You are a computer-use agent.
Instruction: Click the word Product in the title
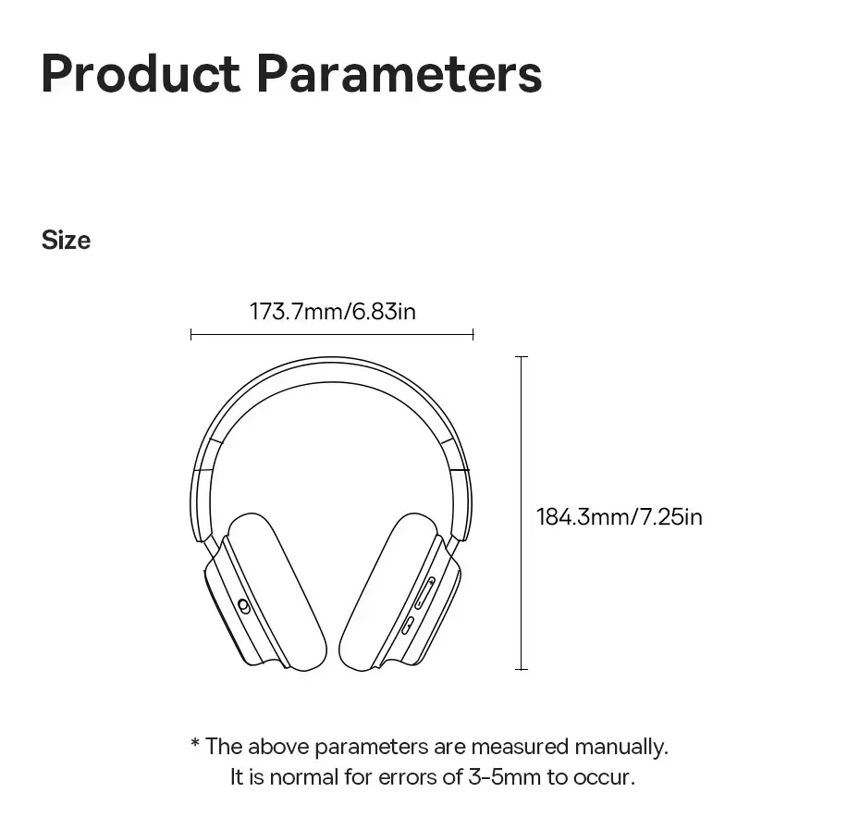pyautogui.click(x=141, y=73)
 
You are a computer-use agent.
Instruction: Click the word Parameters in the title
pyautogui.click(x=399, y=73)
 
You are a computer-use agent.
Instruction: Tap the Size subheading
pyautogui.click(x=66, y=241)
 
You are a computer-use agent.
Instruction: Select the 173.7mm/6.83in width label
pyautogui.click(x=332, y=311)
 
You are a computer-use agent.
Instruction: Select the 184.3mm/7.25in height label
pyautogui.click(x=620, y=517)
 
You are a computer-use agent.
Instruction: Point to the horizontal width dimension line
pyautogui.click(x=332, y=334)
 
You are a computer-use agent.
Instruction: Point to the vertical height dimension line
pyautogui.click(x=522, y=514)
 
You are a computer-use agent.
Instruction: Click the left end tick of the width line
pyautogui.click(x=190, y=334)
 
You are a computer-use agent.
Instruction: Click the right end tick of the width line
pyautogui.click(x=473, y=334)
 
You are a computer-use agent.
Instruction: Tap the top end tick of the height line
pyautogui.click(x=522, y=357)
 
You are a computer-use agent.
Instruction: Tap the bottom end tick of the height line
pyautogui.click(x=522, y=669)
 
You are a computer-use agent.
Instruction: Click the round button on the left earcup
pyautogui.click(x=244, y=606)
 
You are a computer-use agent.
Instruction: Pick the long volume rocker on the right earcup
pyautogui.click(x=424, y=593)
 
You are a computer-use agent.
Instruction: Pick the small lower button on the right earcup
pyautogui.click(x=408, y=626)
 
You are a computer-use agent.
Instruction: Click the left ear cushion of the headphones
pyautogui.click(x=276, y=592)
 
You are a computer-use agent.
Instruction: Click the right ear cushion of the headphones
pyautogui.click(x=389, y=592)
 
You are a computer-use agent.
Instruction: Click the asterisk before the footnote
pyautogui.click(x=195, y=743)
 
